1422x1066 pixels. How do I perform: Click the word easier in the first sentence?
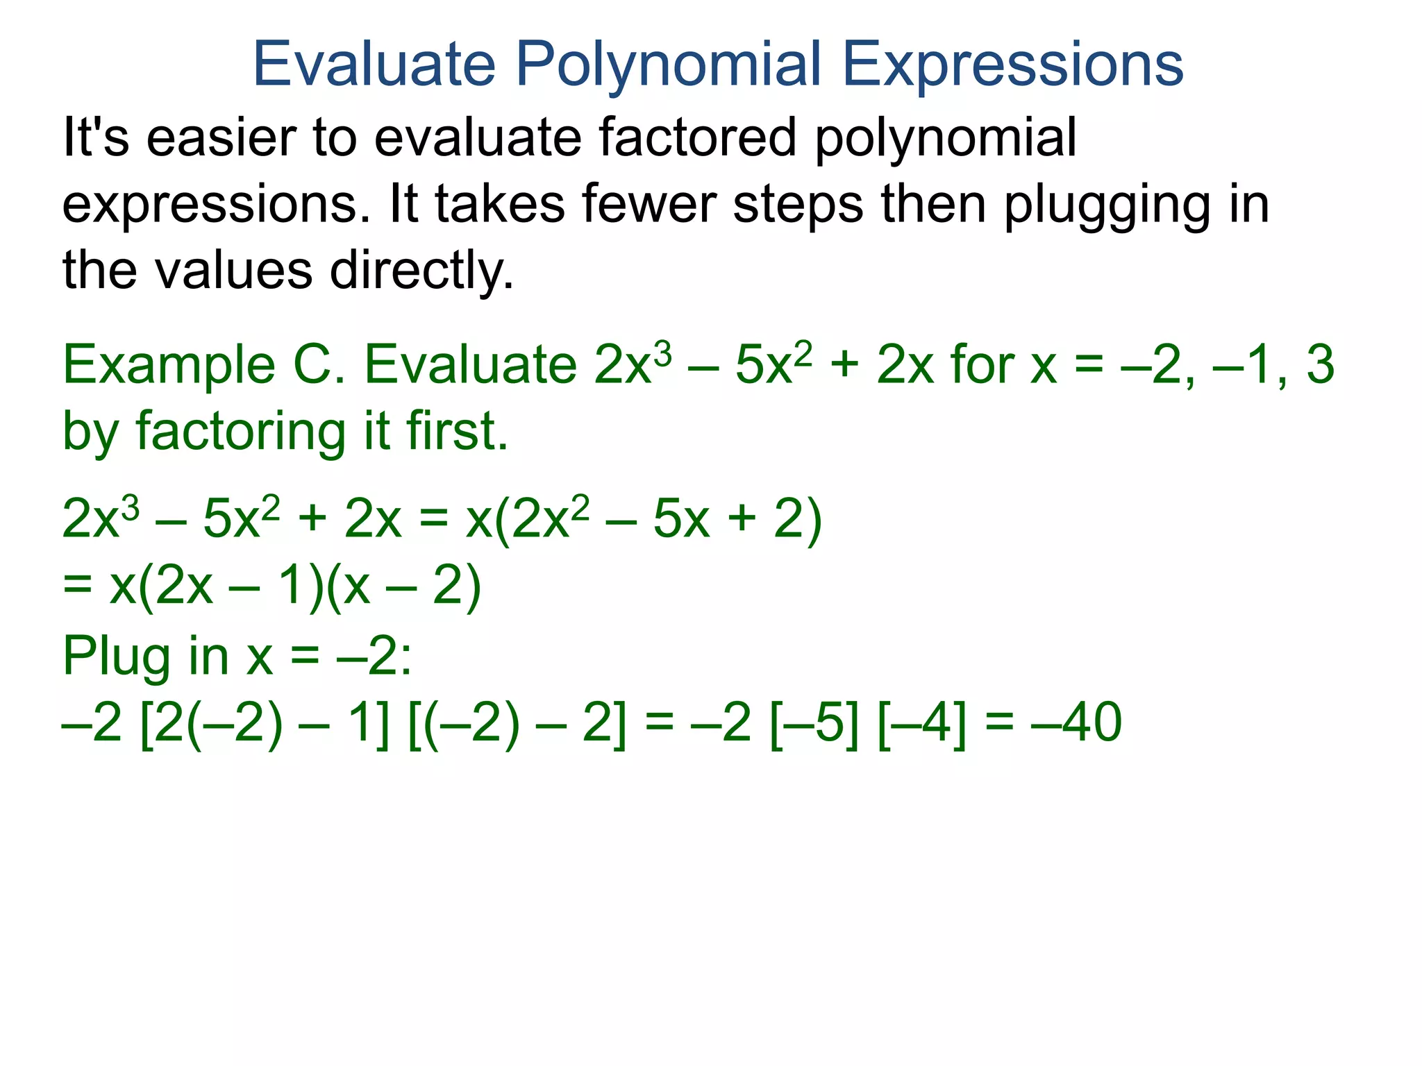tap(221, 137)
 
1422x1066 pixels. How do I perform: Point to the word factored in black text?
tap(697, 137)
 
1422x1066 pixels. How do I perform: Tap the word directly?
tap(421, 271)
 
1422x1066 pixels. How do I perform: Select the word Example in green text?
tap(169, 365)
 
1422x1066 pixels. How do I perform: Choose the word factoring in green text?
tap(240, 432)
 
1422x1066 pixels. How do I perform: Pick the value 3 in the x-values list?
tap(1319, 365)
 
